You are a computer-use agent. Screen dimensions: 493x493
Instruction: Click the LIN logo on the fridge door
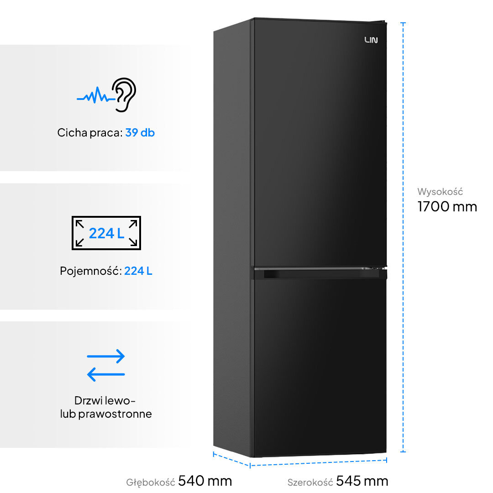(x=371, y=40)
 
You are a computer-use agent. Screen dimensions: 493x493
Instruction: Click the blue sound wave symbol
(x=95, y=97)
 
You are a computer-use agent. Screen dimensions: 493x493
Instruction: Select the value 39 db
(x=140, y=133)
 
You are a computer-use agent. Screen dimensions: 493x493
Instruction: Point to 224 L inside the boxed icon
(x=106, y=233)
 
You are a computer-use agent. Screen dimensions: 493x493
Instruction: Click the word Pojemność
(x=90, y=271)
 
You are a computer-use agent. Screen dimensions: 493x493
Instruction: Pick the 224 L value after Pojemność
(x=138, y=271)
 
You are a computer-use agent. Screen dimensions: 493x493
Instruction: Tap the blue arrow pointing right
(x=106, y=357)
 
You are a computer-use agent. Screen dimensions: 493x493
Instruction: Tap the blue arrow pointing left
(x=106, y=374)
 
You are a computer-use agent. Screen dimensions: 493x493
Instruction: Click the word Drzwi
(x=89, y=401)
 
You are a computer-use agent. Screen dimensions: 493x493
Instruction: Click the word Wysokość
(x=440, y=192)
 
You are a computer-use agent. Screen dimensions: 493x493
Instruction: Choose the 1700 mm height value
(x=447, y=207)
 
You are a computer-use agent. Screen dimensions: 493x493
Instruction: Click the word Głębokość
(x=151, y=482)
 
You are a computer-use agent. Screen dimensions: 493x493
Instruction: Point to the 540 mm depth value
(x=205, y=481)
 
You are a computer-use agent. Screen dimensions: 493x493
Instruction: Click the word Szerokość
(x=309, y=482)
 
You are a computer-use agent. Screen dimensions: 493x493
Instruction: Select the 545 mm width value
(x=362, y=481)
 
